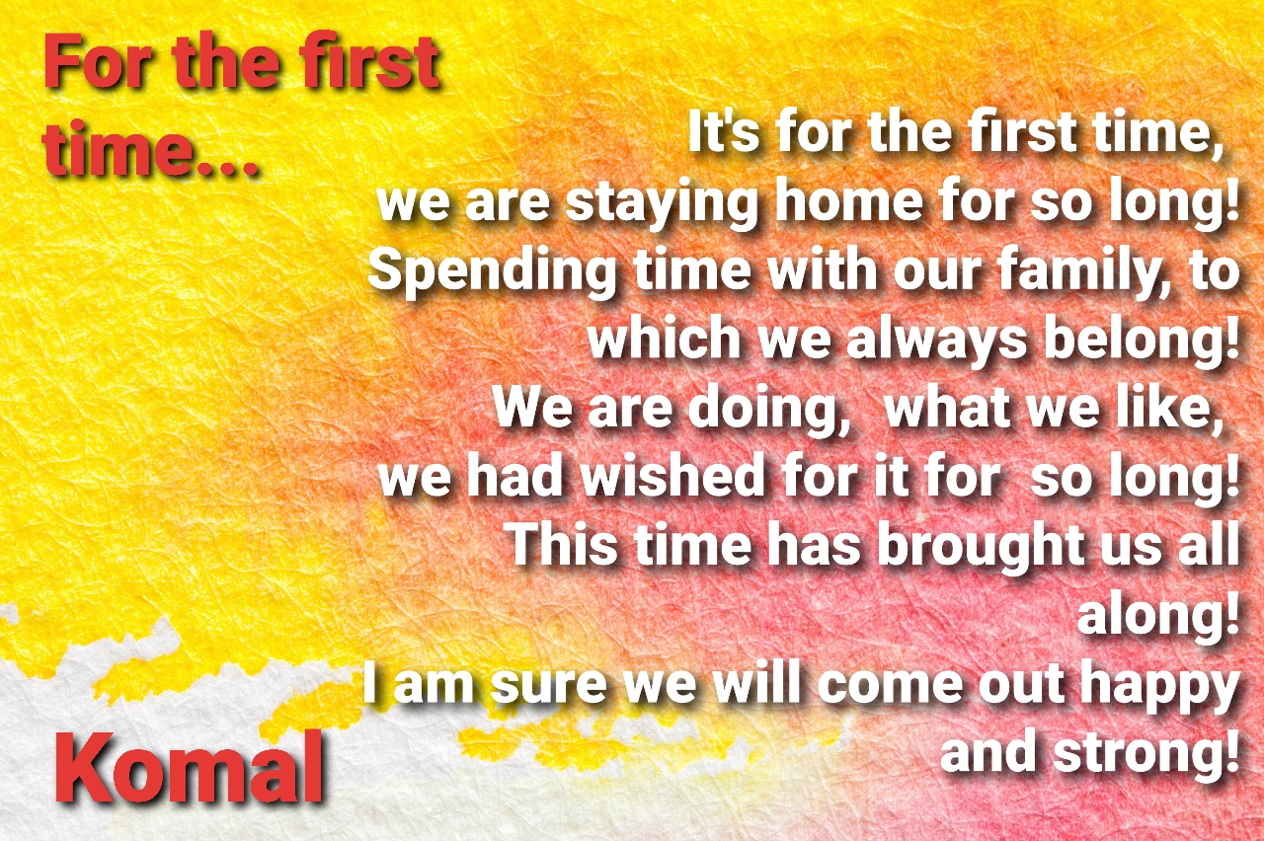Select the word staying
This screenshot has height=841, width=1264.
661,204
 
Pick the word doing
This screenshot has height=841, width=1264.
768,409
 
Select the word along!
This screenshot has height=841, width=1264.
1158,615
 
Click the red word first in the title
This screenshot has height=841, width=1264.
369,61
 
